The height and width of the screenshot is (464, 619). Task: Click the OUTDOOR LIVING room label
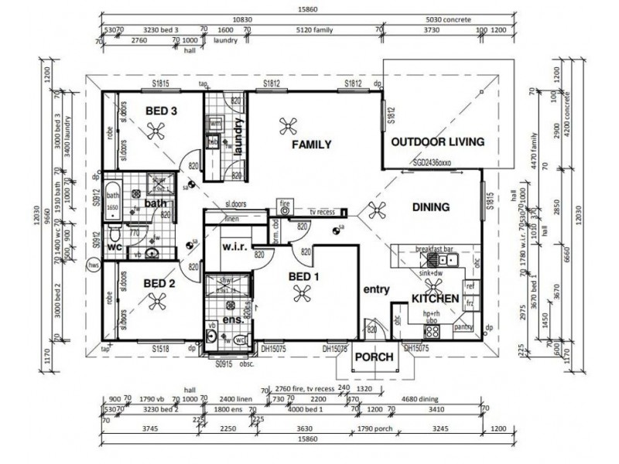pos(437,142)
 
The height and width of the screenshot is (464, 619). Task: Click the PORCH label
pos(374,357)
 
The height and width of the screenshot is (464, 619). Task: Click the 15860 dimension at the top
pos(309,9)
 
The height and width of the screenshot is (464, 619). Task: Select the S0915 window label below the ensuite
pos(224,363)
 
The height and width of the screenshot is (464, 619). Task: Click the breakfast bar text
pos(433,249)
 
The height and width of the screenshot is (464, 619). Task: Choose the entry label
pos(375,289)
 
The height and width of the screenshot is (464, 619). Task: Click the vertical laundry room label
pos(239,137)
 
